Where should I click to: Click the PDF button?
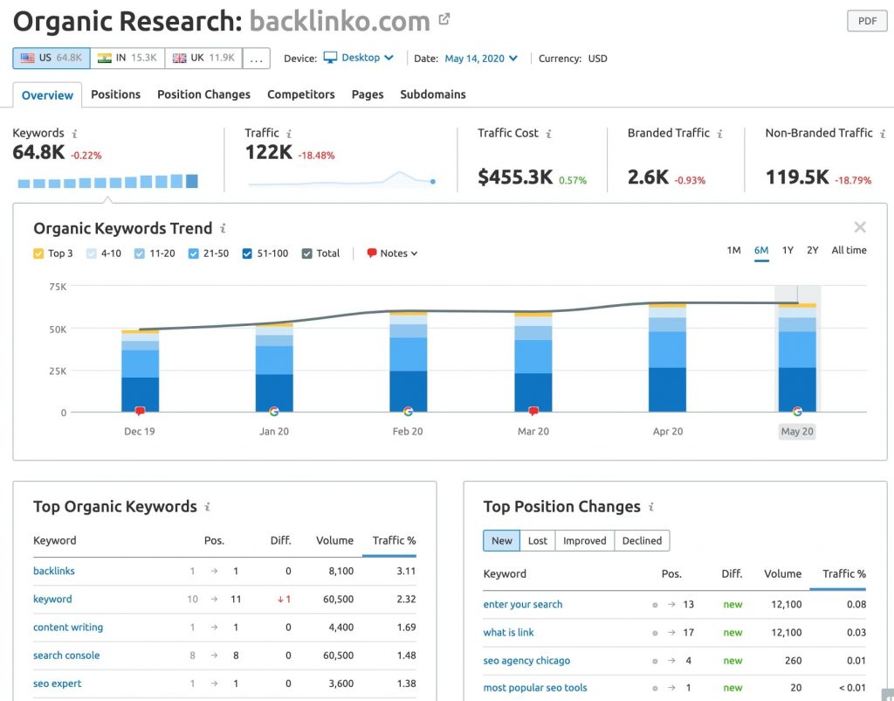coord(866,21)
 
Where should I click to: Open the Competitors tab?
coord(300,94)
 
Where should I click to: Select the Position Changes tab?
coord(203,94)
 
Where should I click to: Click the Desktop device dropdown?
coord(359,58)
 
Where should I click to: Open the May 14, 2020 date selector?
coord(480,59)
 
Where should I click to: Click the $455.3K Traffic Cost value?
coord(515,177)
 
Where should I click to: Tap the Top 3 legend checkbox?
coord(38,253)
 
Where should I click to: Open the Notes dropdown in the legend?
coord(392,253)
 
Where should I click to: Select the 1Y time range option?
coord(787,251)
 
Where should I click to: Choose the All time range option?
coord(849,251)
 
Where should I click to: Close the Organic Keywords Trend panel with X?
coord(860,227)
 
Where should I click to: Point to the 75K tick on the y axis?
coord(57,287)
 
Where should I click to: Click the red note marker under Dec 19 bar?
coord(140,411)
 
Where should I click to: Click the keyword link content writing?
coord(68,628)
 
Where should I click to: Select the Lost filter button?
coord(537,541)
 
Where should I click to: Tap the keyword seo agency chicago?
coord(526,661)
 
